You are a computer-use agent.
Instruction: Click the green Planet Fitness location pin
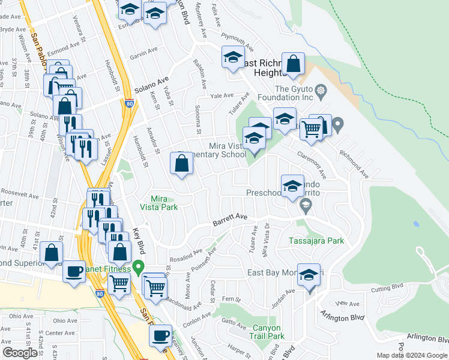click(139, 266)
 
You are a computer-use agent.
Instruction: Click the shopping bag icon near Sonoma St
click(181, 164)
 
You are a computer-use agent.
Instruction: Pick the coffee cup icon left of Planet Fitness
click(74, 271)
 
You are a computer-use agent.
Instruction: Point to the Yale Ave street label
click(221, 95)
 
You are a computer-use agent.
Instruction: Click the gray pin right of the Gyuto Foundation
click(337, 125)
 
